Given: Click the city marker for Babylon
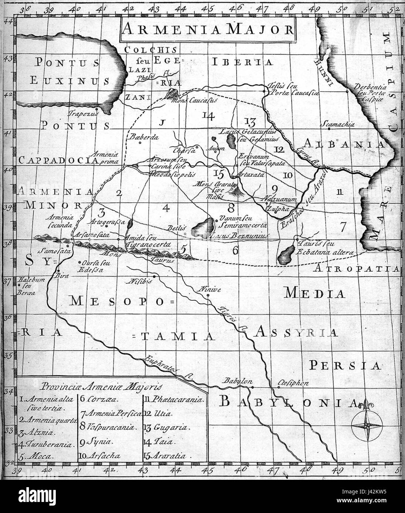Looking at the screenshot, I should tap(252, 388).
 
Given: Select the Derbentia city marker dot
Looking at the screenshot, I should tap(347, 90).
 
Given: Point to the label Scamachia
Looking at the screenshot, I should tap(339, 124).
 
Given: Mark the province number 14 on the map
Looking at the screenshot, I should tap(208, 116).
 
